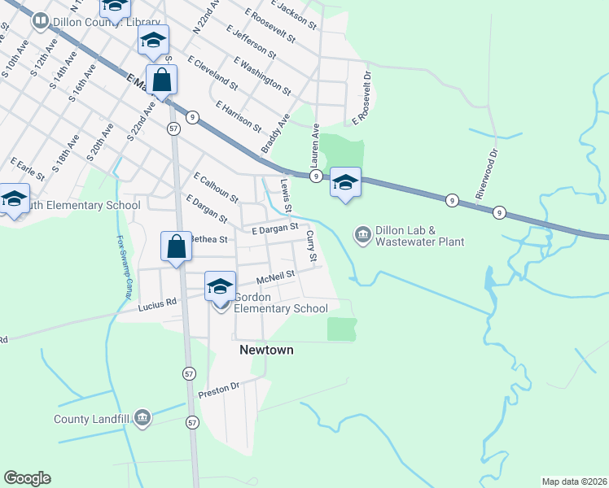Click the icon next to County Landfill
[x=143, y=419]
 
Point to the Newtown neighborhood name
[x=265, y=350]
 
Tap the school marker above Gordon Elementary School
[x=220, y=286]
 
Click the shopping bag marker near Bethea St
[x=177, y=246]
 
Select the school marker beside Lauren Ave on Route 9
[x=345, y=183]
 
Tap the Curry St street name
[x=310, y=246]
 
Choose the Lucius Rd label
[x=157, y=305]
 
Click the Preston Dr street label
[x=220, y=390]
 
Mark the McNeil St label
[x=274, y=279]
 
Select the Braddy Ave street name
[x=275, y=134]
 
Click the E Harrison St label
[x=239, y=117]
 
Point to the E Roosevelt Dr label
[x=361, y=98]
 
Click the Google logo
[x=27, y=478]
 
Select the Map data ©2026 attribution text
[x=574, y=481]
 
